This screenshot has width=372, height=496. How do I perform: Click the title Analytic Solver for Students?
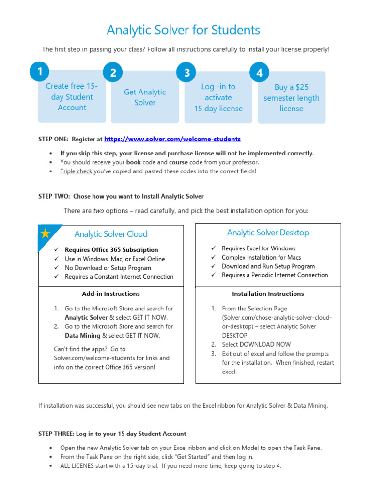pyautogui.click(x=183, y=30)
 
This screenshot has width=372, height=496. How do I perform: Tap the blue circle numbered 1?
pyautogui.click(x=39, y=72)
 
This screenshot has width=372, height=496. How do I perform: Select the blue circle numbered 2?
pyautogui.click(x=113, y=73)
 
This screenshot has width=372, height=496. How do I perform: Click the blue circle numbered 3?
pyautogui.click(x=186, y=73)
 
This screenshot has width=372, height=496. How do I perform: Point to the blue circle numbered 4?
pyautogui.click(x=260, y=73)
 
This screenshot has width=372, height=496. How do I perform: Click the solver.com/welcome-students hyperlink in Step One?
pyautogui.click(x=172, y=139)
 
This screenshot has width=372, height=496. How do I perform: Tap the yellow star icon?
pyautogui.click(x=45, y=233)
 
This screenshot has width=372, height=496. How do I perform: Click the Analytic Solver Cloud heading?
pyautogui.click(x=111, y=234)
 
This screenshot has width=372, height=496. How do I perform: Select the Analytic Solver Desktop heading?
pyautogui.click(x=268, y=232)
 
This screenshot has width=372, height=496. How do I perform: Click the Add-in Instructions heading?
pyautogui.click(x=111, y=294)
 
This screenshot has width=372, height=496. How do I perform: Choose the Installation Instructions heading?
pyautogui.click(x=268, y=294)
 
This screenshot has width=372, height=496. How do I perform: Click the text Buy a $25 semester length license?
pyautogui.click(x=291, y=98)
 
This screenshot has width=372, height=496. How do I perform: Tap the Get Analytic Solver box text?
pyautogui.click(x=145, y=97)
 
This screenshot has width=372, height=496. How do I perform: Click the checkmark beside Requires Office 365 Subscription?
pyautogui.click(x=56, y=250)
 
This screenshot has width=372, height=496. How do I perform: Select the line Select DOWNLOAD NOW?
pyautogui.click(x=256, y=344)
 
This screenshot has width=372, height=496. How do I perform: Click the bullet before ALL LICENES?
pyautogui.click(x=51, y=466)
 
